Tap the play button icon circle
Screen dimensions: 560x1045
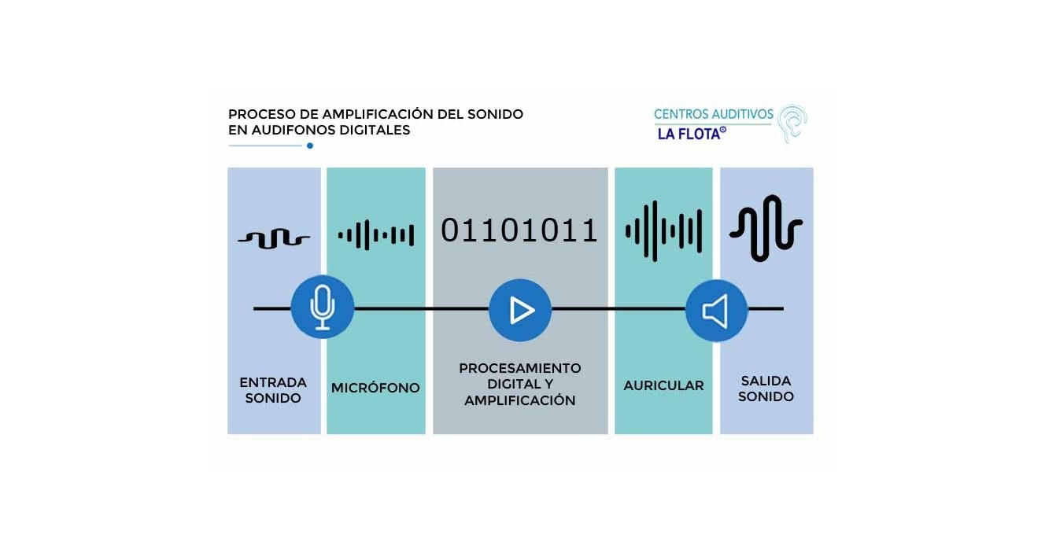(x=519, y=310)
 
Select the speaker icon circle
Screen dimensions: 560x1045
(x=715, y=311)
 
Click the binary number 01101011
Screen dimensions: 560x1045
(x=519, y=230)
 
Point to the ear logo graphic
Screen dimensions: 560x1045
(x=792, y=123)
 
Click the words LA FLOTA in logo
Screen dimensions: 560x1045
(x=689, y=134)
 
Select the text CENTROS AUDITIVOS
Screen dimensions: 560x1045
(x=713, y=115)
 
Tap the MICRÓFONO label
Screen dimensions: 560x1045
(x=375, y=388)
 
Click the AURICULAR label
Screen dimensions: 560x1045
(x=663, y=386)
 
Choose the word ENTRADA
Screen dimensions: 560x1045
(x=273, y=382)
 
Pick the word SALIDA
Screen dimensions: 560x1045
(x=766, y=381)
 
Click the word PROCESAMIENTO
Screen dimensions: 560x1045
(x=520, y=368)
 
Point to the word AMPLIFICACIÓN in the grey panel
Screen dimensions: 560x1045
(x=520, y=400)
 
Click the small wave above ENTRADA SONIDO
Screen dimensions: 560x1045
(x=273, y=238)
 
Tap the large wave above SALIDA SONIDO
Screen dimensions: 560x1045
(x=766, y=228)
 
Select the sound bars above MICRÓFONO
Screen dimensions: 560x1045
(x=375, y=234)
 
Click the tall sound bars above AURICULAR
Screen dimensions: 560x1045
(x=663, y=231)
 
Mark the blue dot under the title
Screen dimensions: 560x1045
(x=310, y=146)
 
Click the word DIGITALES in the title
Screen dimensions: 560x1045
(x=375, y=131)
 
